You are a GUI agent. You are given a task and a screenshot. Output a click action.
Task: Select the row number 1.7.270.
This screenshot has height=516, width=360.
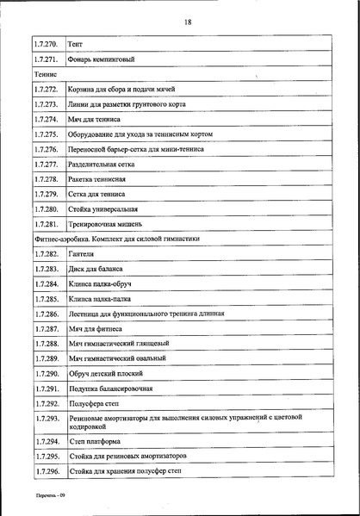click(x=45, y=43)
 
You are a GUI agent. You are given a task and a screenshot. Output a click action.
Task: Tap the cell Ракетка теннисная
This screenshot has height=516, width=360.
click(x=96, y=179)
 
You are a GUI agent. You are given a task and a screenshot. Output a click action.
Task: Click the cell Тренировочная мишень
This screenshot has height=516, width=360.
click(x=103, y=225)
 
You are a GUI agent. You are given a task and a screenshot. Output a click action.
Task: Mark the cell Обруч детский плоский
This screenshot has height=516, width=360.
click(x=104, y=374)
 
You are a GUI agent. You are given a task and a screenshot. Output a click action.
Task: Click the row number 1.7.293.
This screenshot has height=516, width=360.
click(x=45, y=419)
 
